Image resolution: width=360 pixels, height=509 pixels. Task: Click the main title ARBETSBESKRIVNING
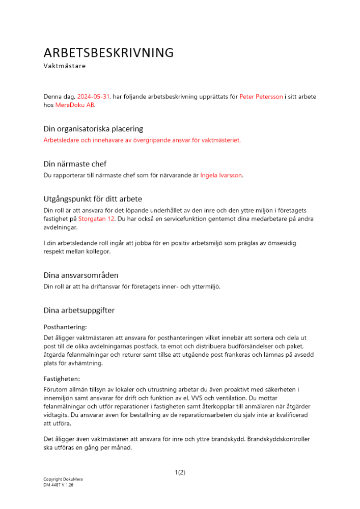[x=108, y=53]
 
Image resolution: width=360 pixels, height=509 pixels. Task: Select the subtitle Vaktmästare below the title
[x=65, y=66]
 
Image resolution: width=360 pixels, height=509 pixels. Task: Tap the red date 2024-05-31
[x=93, y=96]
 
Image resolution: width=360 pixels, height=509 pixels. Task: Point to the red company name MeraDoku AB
[x=75, y=105]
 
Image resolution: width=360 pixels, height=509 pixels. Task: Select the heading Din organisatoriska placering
[x=93, y=129]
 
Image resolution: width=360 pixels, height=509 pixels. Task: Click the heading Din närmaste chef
[x=75, y=164]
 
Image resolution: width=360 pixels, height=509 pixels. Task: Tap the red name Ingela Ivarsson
[x=221, y=175]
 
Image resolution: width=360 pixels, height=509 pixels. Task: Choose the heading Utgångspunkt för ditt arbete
[x=93, y=199]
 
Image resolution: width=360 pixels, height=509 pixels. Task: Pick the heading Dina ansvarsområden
[x=81, y=275]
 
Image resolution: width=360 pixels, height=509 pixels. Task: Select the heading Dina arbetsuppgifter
[x=79, y=310]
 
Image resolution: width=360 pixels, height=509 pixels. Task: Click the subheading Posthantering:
[x=65, y=327]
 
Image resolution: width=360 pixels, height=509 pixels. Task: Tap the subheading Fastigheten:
[x=62, y=379]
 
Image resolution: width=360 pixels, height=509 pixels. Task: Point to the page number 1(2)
[x=180, y=472]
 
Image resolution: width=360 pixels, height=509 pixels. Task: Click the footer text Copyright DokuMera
[x=63, y=479]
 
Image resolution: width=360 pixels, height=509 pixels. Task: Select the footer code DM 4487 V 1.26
[x=59, y=485]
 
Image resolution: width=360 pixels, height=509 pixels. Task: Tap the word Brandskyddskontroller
[x=279, y=439]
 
